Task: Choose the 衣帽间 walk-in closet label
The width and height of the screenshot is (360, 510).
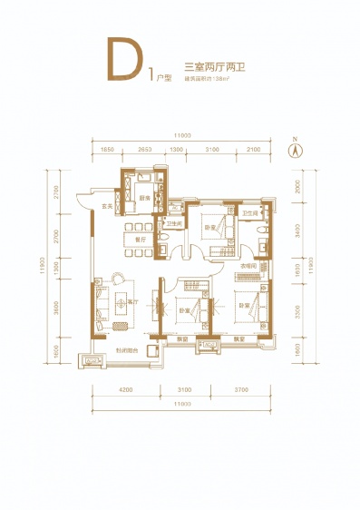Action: click(x=248, y=266)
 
